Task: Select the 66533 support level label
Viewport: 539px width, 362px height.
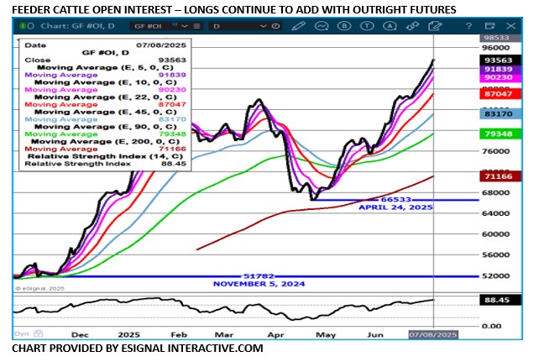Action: (373, 198)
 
